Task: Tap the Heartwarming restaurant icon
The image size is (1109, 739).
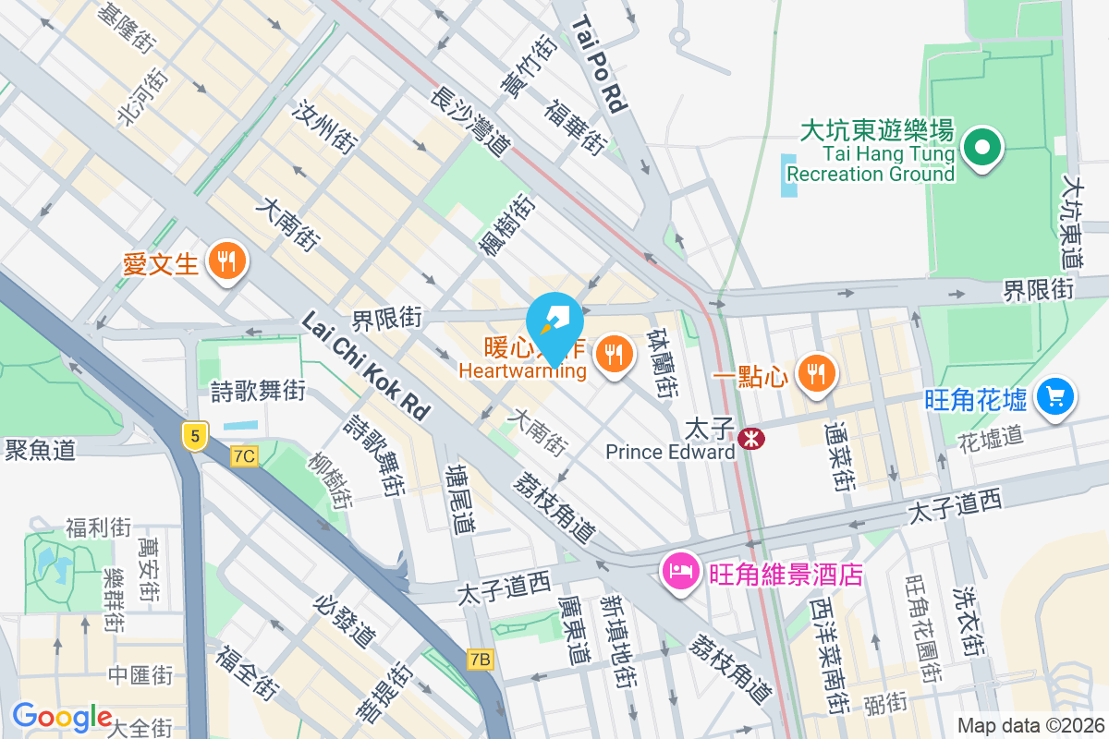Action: pyautogui.click(x=613, y=353)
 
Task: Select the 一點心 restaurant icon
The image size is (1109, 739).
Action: pyautogui.click(x=815, y=373)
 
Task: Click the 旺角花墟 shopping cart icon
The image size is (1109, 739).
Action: pyautogui.click(x=1055, y=397)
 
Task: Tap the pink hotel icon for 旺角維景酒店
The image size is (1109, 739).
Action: pyautogui.click(x=680, y=572)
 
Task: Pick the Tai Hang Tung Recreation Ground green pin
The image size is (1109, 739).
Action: pyautogui.click(x=981, y=149)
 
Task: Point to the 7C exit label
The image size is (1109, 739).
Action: pyautogui.click(x=244, y=456)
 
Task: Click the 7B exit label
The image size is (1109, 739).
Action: pyautogui.click(x=481, y=659)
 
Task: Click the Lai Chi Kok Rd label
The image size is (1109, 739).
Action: pyautogui.click(x=367, y=366)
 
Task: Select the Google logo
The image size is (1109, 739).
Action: pyautogui.click(x=62, y=717)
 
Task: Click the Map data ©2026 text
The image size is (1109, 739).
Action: pyautogui.click(x=1030, y=726)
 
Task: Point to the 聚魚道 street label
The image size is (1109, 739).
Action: pyautogui.click(x=40, y=450)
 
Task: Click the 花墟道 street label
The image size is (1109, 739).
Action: pyautogui.click(x=991, y=435)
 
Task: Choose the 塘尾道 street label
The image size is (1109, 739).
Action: pyautogui.click(x=459, y=500)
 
